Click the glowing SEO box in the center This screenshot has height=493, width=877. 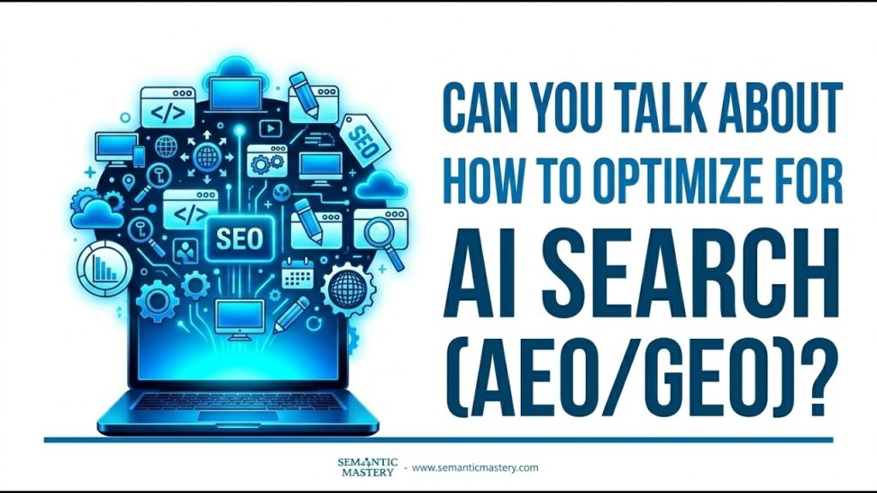point(240,239)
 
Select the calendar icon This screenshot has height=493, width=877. point(297,274)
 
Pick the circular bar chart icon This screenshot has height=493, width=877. point(104,268)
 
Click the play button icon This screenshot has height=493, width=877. point(271,129)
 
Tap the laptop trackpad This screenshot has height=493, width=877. point(238,417)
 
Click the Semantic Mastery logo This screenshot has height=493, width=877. point(367,467)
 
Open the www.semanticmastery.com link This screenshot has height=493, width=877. point(474,467)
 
